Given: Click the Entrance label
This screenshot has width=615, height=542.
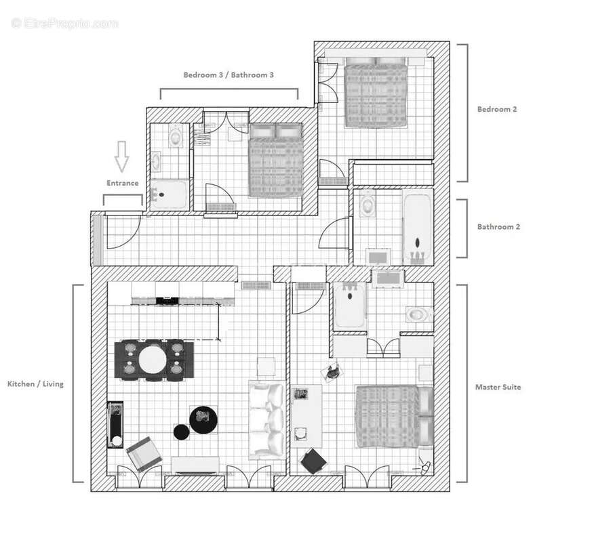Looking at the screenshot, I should tap(122, 183).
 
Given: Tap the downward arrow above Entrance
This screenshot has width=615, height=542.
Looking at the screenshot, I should tap(121, 155).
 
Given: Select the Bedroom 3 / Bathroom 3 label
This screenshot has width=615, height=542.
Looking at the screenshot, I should tap(229, 75).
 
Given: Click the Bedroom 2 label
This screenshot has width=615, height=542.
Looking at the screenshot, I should tap(497, 108).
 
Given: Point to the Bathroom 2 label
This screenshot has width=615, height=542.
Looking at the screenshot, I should tap(498, 227).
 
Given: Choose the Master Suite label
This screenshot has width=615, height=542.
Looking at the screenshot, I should tap(498, 387).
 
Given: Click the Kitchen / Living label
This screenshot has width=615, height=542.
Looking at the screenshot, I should tap(35, 384).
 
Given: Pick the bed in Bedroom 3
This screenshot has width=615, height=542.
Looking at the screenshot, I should tap(275, 160).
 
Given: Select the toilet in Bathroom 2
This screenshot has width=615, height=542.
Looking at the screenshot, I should tap(368, 203).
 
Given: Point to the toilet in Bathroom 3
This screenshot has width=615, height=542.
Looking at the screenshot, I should tap(176, 137).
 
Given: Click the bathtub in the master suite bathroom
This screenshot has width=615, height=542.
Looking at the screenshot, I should tap(350, 305).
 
